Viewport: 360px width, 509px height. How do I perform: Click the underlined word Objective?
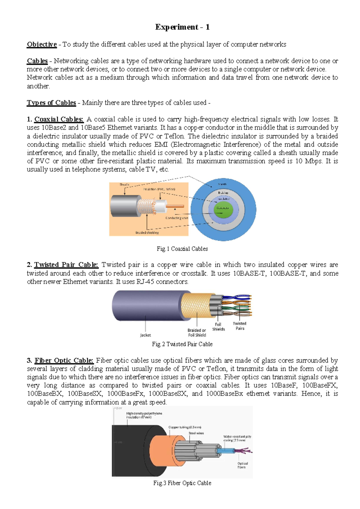pyautogui.click(x=42, y=44)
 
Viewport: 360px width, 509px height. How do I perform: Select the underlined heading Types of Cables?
pyautogui.click(x=51, y=103)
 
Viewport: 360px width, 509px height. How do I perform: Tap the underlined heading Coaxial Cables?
pyautogui.click(x=59, y=119)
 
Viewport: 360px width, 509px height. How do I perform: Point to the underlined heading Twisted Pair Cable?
pyautogui.click(x=66, y=265)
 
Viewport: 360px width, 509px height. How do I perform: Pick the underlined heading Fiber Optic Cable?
pyautogui.click(x=64, y=360)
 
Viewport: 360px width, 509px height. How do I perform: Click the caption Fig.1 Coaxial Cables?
pyautogui.click(x=182, y=249)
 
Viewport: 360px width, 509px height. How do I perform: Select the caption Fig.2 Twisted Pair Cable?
pyautogui.click(x=182, y=344)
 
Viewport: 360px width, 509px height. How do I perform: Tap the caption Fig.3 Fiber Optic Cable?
pyautogui.click(x=182, y=483)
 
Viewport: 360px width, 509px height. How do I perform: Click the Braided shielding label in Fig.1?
pyautogui.click(x=147, y=233)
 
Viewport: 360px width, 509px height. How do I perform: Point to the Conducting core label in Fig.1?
pyautogui.click(x=177, y=218)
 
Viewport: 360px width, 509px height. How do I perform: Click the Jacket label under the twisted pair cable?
pyautogui.click(x=145, y=335)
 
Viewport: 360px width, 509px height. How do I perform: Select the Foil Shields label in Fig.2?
pyautogui.click(x=218, y=327)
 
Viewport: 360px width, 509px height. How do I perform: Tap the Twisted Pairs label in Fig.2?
pyautogui.click(x=240, y=326)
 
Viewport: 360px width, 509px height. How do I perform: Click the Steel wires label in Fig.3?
pyautogui.click(x=196, y=433)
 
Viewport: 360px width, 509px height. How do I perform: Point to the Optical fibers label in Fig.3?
pyautogui.click(x=242, y=465)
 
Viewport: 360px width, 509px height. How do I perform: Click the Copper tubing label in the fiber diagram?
pyautogui.click(x=185, y=427)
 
